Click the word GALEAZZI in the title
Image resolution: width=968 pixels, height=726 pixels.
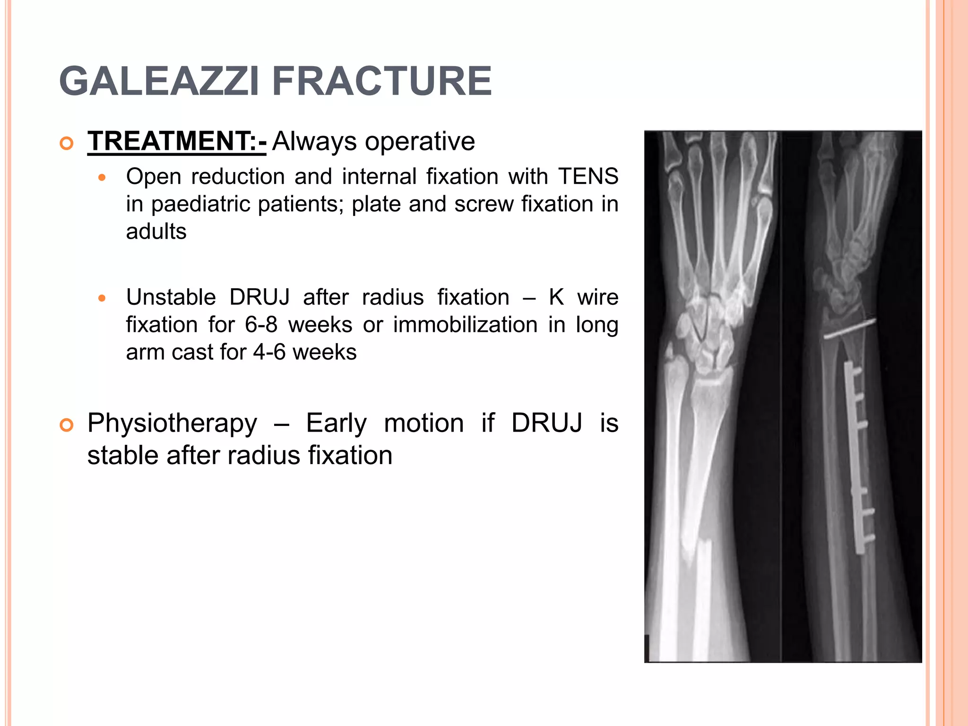pos(159,81)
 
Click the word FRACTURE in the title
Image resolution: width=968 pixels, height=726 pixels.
pos(382,81)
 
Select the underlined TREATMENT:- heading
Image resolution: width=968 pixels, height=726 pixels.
pos(177,141)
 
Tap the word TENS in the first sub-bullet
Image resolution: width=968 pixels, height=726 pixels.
pos(588,177)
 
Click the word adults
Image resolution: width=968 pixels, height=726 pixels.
pos(156,232)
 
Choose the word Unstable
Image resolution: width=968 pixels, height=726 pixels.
pos(171,298)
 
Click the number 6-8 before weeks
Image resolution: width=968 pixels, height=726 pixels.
pos(261,325)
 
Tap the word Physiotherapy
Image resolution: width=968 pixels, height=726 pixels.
pos(172,423)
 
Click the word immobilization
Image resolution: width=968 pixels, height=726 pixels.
pos(466,325)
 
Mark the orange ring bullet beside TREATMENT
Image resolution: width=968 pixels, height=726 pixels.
pos(67,143)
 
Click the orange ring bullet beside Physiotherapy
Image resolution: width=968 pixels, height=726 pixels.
pos(67,425)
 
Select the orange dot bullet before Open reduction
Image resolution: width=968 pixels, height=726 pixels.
pos(102,178)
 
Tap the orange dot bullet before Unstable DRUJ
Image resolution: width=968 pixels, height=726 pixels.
pos(102,299)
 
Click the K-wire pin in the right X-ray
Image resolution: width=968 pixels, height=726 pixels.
pos(850,329)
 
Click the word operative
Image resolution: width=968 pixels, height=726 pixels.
pos(420,141)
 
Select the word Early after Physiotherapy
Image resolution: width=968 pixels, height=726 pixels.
pos(336,423)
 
